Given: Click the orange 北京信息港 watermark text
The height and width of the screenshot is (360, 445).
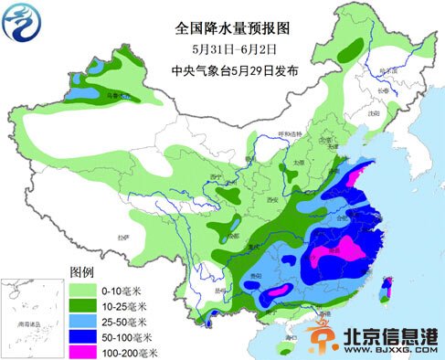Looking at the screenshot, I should point(389,336).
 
